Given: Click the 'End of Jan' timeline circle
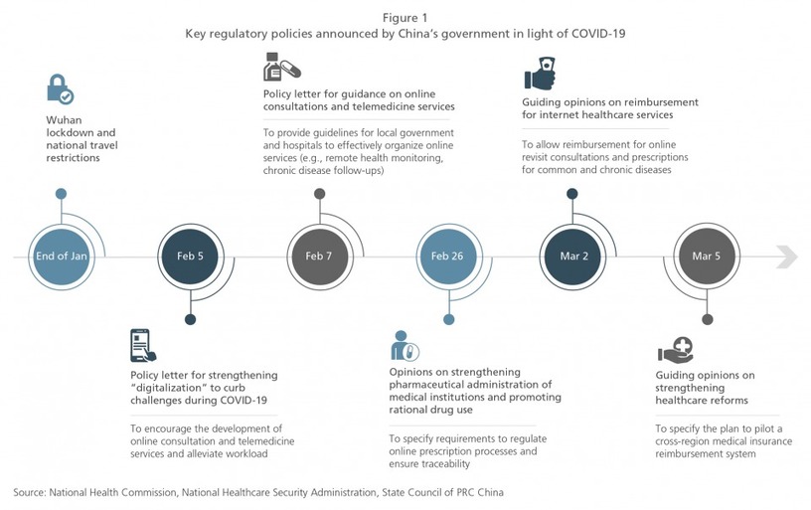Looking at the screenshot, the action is pyautogui.click(x=61, y=256).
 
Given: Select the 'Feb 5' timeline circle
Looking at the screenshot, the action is pyautogui.click(x=191, y=256).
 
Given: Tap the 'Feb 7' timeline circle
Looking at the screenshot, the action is pyautogui.click(x=320, y=256).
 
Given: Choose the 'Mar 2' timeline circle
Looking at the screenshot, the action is pyautogui.click(x=572, y=256).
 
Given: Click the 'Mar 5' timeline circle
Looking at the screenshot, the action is pyautogui.click(x=707, y=256).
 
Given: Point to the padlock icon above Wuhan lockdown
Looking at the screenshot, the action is pyautogui.click(x=60, y=88).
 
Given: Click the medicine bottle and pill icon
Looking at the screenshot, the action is pyautogui.click(x=282, y=67).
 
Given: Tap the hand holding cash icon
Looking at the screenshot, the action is pyautogui.click(x=540, y=74).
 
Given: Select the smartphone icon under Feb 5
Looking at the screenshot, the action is pyautogui.click(x=143, y=346).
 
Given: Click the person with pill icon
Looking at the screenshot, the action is pyautogui.click(x=405, y=346).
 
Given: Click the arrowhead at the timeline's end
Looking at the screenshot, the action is pyautogui.click(x=787, y=257).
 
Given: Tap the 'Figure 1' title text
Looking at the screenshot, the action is pyautogui.click(x=405, y=18).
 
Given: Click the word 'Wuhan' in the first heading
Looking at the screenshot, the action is pyautogui.click(x=64, y=120).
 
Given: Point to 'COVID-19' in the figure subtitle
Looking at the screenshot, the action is pyautogui.click(x=598, y=34).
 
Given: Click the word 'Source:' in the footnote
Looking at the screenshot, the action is pyautogui.click(x=29, y=492).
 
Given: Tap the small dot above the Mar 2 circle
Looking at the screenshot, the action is pyautogui.click(x=572, y=194).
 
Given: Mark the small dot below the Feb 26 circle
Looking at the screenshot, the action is pyautogui.click(x=449, y=320).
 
